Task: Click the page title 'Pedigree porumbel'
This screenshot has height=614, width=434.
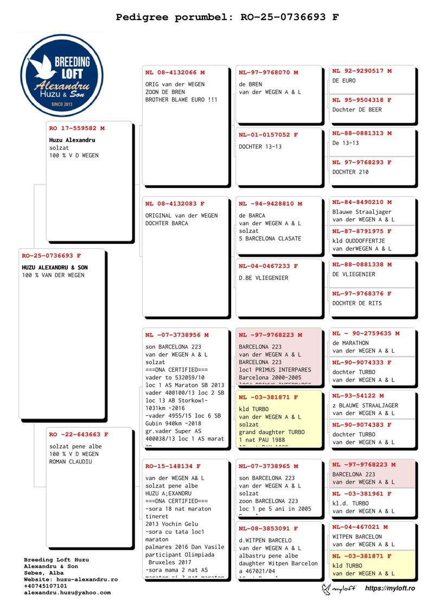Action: (x=227, y=17)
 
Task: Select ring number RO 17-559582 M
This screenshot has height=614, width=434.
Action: (x=76, y=129)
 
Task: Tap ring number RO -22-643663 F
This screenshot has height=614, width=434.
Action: (x=79, y=434)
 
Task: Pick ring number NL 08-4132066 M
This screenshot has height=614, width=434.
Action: (x=175, y=72)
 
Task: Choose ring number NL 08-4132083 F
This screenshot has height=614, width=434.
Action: (x=175, y=204)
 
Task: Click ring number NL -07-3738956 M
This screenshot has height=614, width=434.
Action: (x=177, y=335)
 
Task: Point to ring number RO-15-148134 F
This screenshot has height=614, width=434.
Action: (x=173, y=466)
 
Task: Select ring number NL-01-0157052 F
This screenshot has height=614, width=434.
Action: (x=269, y=135)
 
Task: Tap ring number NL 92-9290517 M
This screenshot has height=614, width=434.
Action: (x=362, y=71)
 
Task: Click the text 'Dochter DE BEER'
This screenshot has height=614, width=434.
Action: (x=357, y=110)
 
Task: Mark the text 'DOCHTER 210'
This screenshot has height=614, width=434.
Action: (x=350, y=172)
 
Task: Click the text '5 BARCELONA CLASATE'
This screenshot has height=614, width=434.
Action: (x=270, y=239)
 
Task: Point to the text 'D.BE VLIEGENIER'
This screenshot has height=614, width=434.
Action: (x=264, y=278)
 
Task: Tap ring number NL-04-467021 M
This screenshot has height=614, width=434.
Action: (x=360, y=527)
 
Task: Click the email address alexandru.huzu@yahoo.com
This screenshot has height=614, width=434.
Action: (x=67, y=593)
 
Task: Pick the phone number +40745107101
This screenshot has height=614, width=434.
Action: (x=46, y=586)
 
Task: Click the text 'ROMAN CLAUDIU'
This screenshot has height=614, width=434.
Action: (x=71, y=461)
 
